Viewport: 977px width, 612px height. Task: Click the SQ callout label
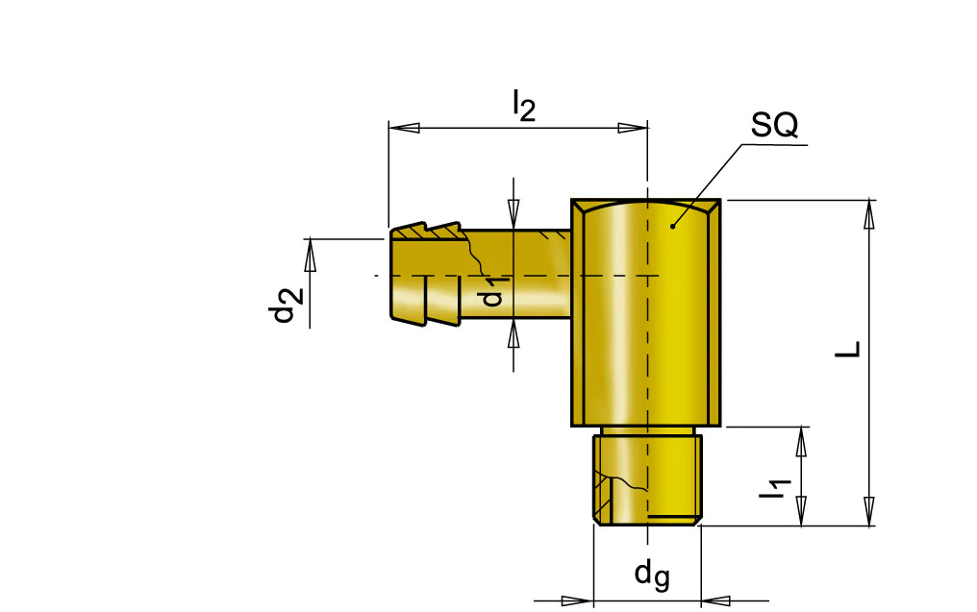774,125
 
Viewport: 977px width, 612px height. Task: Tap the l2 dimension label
524,106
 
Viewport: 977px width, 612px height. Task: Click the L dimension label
847,350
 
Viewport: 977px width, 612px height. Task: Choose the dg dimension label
652,574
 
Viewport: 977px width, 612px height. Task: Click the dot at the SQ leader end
672,226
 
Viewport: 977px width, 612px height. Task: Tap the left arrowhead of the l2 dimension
404,128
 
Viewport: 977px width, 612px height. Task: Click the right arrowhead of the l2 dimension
633,128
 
